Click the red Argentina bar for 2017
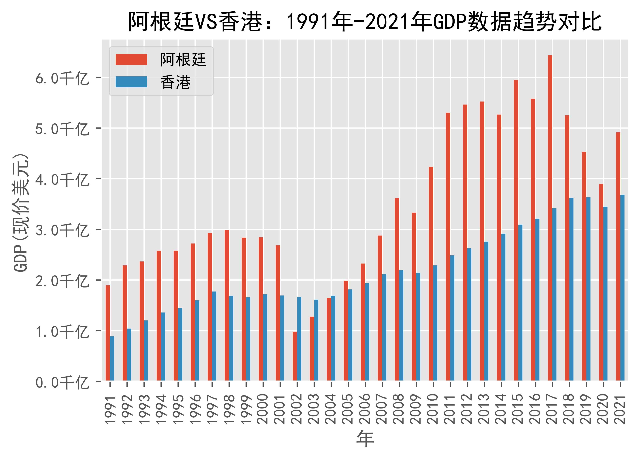(x=550, y=217)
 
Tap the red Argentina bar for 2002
(x=295, y=356)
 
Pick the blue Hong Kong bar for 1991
(x=112, y=358)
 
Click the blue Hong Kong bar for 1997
(x=214, y=336)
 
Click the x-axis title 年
(x=365, y=439)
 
